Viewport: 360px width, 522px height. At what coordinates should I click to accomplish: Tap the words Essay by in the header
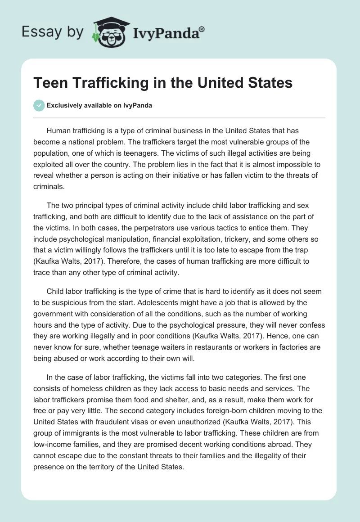[52, 31]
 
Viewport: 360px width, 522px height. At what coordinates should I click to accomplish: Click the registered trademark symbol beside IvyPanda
[202, 28]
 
